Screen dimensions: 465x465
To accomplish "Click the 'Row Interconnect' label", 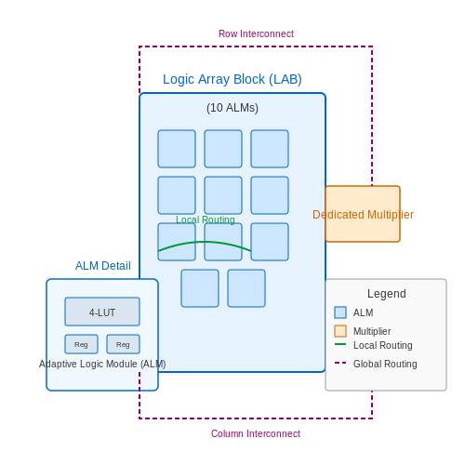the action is point(256,33).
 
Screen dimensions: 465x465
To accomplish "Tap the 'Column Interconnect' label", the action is point(256,433).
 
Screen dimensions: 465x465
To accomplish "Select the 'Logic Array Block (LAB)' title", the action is point(232,79).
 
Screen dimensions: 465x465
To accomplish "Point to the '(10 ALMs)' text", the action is point(232,108).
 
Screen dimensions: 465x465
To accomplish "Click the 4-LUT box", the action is point(102,312).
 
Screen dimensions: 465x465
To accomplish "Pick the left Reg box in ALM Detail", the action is point(81,344).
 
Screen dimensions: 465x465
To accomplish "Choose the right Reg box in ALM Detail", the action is point(123,344).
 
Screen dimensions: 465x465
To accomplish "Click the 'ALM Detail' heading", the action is point(103,266).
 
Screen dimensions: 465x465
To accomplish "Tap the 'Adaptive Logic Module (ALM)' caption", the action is point(102,364).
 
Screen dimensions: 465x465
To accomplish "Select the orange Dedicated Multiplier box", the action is point(363,214).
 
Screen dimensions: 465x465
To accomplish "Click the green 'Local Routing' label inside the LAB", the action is point(206,219).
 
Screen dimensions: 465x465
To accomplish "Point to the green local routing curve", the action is point(205,242).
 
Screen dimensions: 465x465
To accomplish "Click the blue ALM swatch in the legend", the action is point(340,312).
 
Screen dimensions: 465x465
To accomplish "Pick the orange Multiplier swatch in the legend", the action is point(340,331).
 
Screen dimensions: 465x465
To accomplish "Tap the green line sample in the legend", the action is point(340,344).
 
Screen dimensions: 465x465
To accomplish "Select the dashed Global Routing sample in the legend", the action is point(340,363).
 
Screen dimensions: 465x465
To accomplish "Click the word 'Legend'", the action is point(387,294).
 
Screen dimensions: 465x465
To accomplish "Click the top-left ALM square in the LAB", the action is point(177,149).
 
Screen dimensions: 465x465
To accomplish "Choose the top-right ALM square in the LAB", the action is point(270,149).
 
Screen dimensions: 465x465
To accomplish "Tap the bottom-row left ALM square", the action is point(200,288).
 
